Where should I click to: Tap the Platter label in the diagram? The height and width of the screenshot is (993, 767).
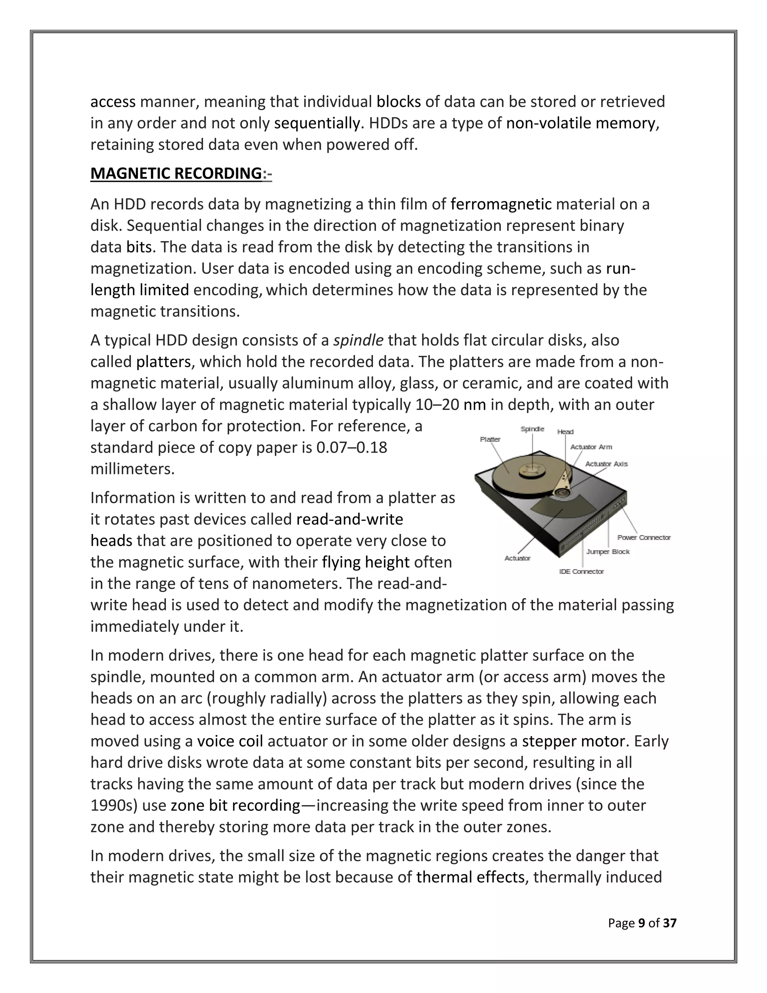click(490, 439)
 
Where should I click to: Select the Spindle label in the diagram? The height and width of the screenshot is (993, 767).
click(532, 429)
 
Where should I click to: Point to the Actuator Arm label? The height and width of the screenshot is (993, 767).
click(591, 447)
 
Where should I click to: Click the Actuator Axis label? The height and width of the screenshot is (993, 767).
click(606, 464)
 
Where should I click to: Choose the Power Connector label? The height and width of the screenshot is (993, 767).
click(643, 537)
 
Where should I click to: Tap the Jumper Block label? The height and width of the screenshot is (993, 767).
click(607, 552)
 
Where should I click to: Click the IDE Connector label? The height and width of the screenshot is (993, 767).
click(581, 571)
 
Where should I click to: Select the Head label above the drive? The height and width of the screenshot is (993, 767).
click(565, 431)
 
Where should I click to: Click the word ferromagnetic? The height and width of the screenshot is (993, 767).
click(500, 205)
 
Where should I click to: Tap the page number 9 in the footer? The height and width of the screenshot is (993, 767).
click(641, 923)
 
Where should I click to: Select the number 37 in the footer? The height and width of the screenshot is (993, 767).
click(669, 923)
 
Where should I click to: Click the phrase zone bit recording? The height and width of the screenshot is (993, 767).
click(235, 806)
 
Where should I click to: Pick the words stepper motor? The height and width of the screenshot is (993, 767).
click(573, 741)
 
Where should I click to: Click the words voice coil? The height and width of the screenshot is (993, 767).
click(230, 741)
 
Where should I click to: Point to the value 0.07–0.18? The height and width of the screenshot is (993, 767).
click(351, 448)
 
